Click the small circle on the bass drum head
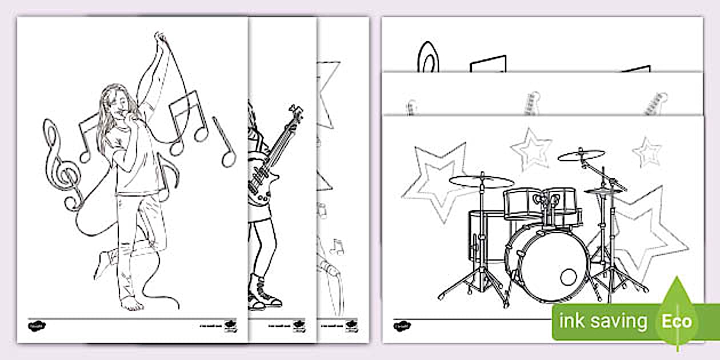pyautogui.click(x=568, y=277)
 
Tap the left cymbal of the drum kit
pyautogui.click(x=481, y=182)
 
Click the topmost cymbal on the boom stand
pyautogui.click(x=581, y=155)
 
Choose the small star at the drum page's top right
pyautogui.click(x=647, y=152)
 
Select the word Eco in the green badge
pyautogui.click(x=677, y=321)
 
